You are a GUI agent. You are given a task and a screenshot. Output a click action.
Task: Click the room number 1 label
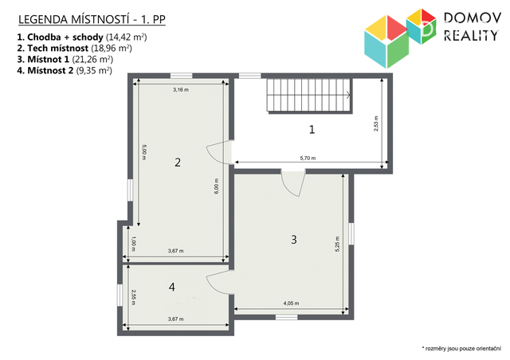tap(312, 130)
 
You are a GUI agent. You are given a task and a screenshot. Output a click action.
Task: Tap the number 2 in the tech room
tap(178, 162)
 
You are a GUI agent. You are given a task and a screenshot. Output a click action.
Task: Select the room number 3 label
tap(294, 240)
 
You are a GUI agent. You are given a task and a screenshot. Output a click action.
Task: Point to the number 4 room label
tap(172, 287)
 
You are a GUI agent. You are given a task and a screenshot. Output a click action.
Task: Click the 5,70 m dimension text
tap(308, 158)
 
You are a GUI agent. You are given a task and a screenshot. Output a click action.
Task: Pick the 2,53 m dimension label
tap(376, 123)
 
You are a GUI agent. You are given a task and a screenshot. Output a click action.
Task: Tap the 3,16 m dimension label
tap(181, 89)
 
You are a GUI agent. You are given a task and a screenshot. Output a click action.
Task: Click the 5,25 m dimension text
tap(337, 244)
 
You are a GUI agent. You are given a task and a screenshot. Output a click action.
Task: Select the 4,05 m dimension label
tap(291, 303)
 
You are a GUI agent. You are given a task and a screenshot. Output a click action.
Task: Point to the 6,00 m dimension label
tap(217, 186)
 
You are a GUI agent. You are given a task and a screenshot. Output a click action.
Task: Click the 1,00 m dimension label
tap(133, 244)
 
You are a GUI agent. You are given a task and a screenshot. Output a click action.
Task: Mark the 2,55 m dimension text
tap(133, 298)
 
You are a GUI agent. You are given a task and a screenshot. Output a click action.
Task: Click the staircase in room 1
tap(309, 96)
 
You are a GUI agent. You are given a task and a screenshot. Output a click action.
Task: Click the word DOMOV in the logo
tap(473, 18)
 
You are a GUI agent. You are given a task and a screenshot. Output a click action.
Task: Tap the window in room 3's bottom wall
tap(287, 317)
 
